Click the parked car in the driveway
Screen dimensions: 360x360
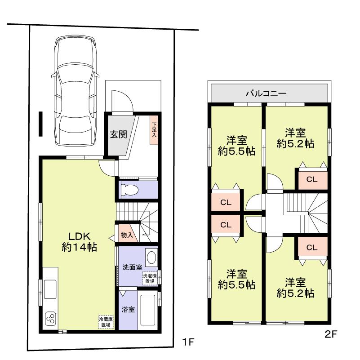[x=75, y=90]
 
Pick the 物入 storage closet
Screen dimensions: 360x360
[x=126, y=235]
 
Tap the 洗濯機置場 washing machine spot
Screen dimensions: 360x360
[x=149, y=278]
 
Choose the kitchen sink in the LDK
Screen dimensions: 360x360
[x=49, y=286]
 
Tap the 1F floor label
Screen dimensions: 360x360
[x=188, y=342]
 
